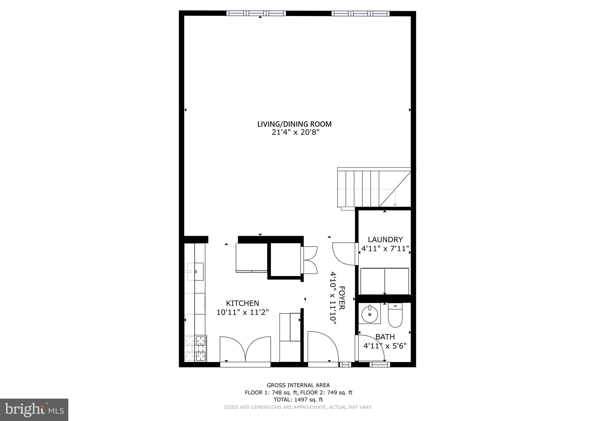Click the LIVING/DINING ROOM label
point(294,124)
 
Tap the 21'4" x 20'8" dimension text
point(294,133)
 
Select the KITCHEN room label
point(242,303)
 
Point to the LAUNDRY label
point(385,240)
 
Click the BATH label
point(385,337)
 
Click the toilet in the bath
point(395,315)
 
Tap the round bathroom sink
point(369,314)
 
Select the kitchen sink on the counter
point(195,272)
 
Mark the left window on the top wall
point(256,13)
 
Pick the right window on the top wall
point(360,13)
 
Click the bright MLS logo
point(34,410)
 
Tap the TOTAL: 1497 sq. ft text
point(298,399)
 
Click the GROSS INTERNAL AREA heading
point(298,385)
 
